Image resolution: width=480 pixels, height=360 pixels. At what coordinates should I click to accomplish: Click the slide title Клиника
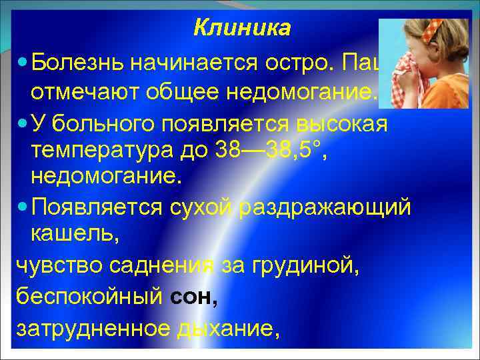[x=242, y=28]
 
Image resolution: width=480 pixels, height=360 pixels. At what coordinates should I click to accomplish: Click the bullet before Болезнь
[x=23, y=64]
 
